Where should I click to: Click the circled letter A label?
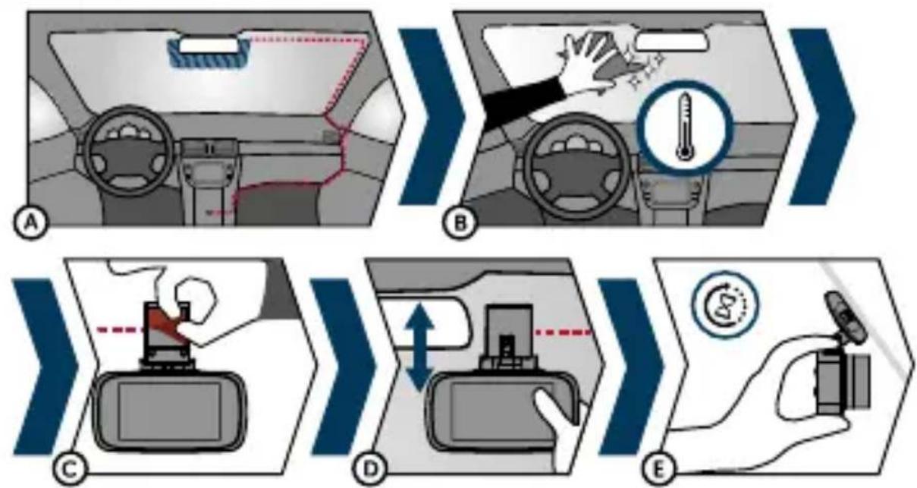click(32, 223)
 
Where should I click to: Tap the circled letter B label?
click(460, 223)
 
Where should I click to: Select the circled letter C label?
click(70, 469)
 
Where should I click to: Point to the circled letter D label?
click(371, 469)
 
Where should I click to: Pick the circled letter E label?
click(658, 469)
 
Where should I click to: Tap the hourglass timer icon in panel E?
click(725, 304)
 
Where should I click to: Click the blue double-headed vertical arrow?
click(419, 348)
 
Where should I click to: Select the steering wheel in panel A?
click(128, 151)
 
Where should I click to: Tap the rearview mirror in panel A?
click(209, 46)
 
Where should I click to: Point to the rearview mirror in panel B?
click(671, 42)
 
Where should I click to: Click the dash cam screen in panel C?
click(169, 411)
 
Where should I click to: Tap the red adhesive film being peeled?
click(168, 324)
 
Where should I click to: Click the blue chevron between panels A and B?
click(432, 116)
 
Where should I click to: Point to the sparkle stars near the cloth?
click(646, 69)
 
